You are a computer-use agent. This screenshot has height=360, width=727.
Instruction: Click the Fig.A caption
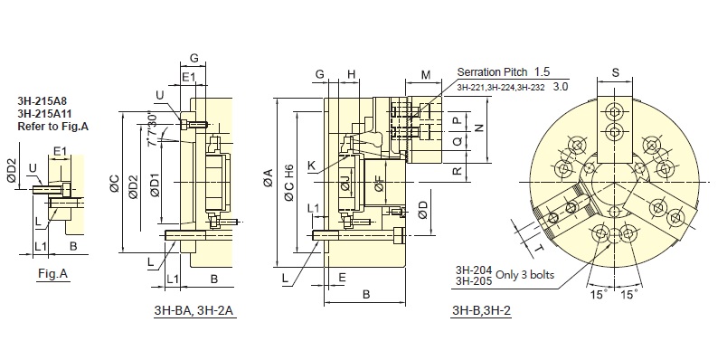(52, 274)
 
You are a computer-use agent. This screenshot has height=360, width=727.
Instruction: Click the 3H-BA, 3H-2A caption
(195, 311)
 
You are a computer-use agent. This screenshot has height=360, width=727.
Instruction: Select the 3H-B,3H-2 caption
(481, 310)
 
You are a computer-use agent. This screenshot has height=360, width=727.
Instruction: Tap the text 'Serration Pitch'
(492, 71)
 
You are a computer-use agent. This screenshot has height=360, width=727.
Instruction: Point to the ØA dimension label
(268, 178)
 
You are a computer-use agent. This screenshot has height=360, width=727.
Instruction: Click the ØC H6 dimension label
(289, 183)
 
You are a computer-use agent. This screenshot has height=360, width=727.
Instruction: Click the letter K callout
(311, 166)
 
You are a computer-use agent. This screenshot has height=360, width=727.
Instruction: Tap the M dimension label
(426, 74)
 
